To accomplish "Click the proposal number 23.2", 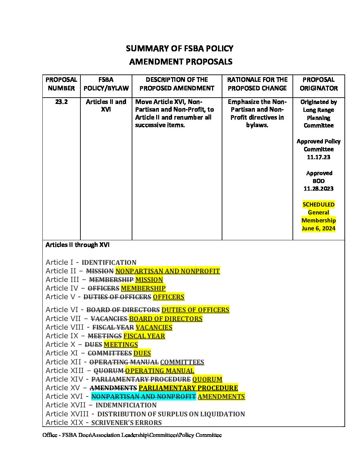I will tap(61, 102).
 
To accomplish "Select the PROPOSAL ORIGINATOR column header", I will tap(319, 84).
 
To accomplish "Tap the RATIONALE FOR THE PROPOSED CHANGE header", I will tap(257, 84).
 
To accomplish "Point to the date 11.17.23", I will tap(318, 157).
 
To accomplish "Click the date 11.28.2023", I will tap(318, 189).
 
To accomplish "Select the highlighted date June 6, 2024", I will tap(318, 228).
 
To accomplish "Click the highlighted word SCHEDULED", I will tap(318, 205).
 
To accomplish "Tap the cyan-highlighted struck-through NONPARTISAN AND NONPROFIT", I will tap(144, 396).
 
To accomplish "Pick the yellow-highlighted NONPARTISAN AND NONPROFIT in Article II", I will tap(167, 271).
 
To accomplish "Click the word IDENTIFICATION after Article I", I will tap(109, 262).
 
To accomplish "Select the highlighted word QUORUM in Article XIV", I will tap(207, 379).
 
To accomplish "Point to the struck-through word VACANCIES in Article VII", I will tap(109, 319).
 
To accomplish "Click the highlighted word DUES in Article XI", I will tap(142, 353).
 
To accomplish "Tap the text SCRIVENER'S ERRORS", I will tap(126, 423).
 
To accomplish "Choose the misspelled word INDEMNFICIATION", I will tap(126, 405).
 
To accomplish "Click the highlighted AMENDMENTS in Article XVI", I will tap(221, 396).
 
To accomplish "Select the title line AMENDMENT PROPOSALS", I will tap(181, 62).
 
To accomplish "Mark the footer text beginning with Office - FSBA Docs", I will tap(132, 435).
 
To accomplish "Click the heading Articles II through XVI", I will tap(77, 245).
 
